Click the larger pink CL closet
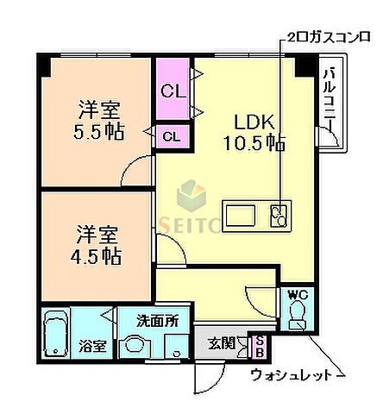(x=173, y=90)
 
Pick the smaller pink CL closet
(x=172, y=135)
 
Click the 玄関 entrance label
(x=220, y=342)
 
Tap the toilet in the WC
(x=298, y=320)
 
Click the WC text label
(x=297, y=296)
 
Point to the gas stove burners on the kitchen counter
(x=279, y=214)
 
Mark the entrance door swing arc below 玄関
(x=211, y=375)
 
